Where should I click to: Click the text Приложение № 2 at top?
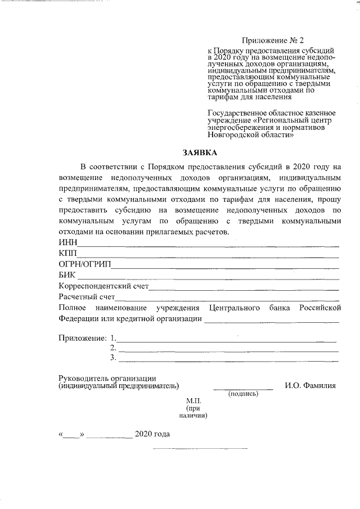point(272,40)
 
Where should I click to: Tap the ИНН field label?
point(67,242)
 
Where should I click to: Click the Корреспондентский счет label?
point(103,286)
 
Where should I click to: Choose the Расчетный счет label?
point(87,296)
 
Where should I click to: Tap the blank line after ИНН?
point(208,245)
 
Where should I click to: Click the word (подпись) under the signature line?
point(243,394)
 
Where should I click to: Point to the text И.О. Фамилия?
point(310,386)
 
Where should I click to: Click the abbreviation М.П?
point(193,400)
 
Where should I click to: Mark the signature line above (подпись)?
point(243,389)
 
